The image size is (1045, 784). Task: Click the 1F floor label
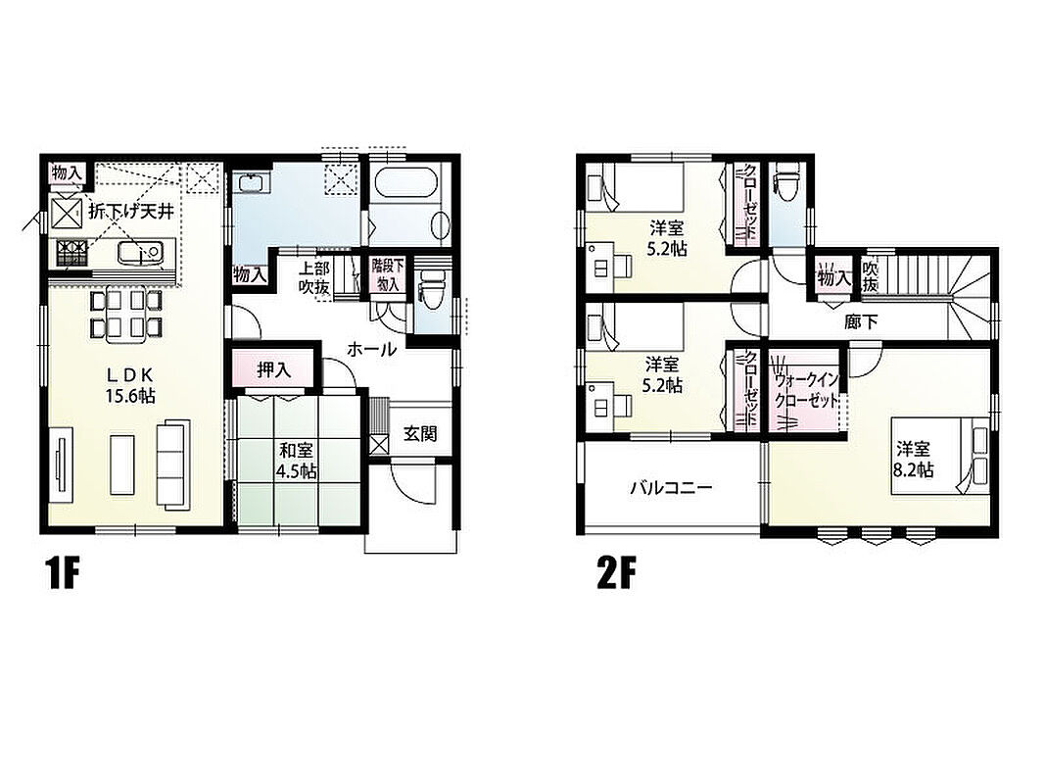64,574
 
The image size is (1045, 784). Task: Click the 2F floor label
616,574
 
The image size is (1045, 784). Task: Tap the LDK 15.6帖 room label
130,385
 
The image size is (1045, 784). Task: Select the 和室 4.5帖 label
297,460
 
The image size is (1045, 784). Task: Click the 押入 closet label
274,370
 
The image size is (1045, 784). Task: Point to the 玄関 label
420,434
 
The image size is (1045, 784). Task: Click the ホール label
372,349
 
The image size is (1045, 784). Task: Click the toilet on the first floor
430,288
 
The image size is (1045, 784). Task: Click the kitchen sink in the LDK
140,253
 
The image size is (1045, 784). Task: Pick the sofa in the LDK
173,464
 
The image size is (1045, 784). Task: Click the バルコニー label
671,488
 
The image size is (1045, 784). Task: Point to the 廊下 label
861,322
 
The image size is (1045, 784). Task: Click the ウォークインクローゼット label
805,391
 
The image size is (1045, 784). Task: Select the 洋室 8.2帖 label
914,460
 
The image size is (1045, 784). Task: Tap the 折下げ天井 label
132,212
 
